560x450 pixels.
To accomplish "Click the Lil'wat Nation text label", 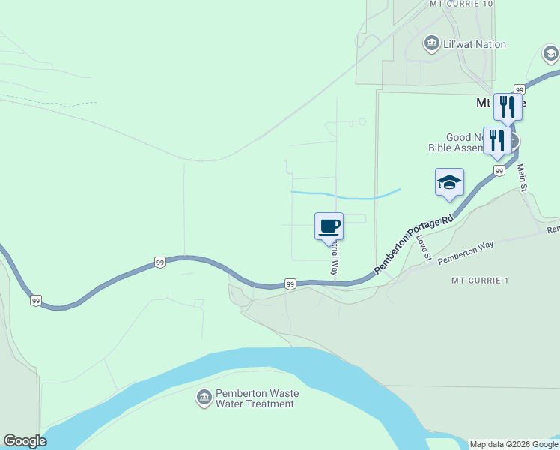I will coord(475,45).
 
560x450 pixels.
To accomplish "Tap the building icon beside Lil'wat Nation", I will coord(431,44).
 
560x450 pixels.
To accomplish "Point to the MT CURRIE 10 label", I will coord(461,4).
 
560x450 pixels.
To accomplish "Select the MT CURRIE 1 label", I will coord(480,280).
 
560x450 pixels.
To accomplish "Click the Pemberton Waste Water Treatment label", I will coord(257,398).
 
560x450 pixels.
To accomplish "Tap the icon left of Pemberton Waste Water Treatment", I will coord(204,397).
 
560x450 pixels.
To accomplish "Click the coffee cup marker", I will coord(329,226).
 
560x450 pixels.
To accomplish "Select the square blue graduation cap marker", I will coord(449,183).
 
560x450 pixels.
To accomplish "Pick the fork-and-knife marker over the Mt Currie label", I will coord(508,106).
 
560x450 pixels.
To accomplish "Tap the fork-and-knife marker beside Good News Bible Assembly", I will coord(497,141).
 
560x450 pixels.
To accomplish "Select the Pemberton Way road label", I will coord(466,250).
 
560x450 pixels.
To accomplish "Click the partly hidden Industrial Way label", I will coord(335,257).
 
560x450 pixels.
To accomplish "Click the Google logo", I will coord(25,441).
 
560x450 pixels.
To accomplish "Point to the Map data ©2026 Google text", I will coord(513,444).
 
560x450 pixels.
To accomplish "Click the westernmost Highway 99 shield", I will coord(36,301).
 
